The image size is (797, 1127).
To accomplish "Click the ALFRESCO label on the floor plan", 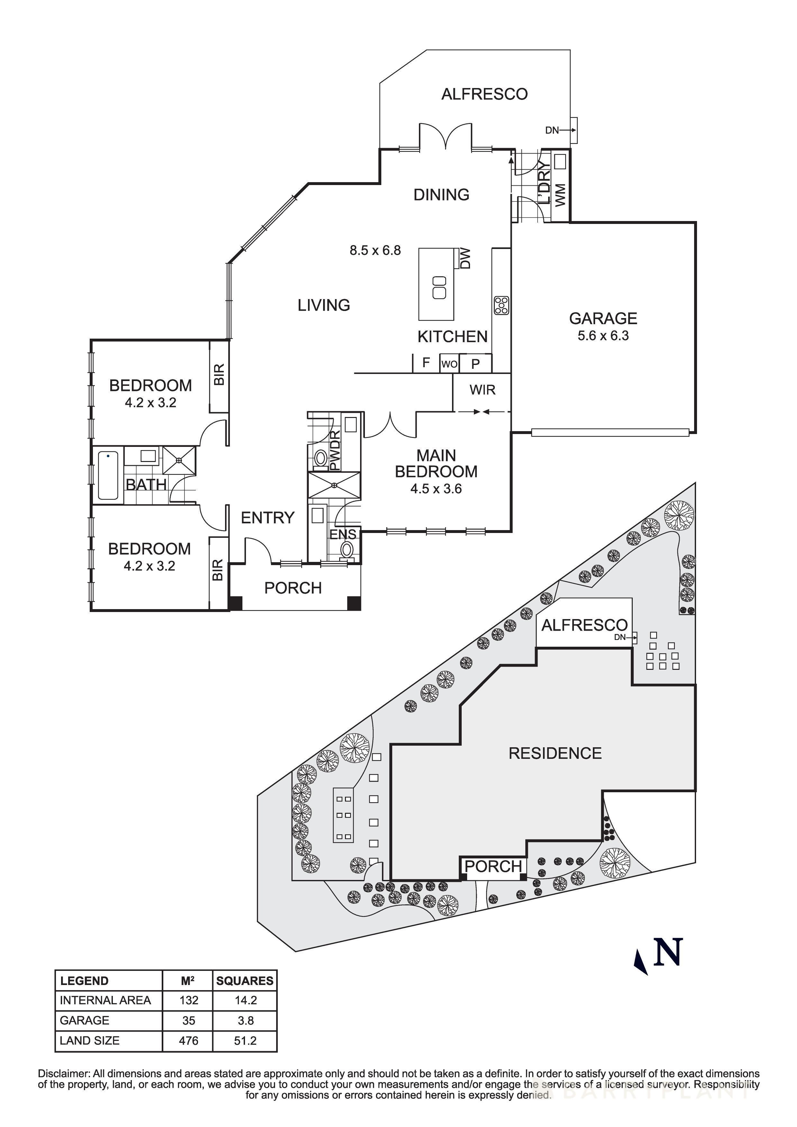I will [484, 94].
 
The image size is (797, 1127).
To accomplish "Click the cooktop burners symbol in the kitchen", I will [501, 305].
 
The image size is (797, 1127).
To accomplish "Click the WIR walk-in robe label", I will [482, 390].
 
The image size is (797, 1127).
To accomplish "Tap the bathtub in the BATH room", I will [108, 475].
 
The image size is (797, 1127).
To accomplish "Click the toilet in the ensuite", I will [348, 549].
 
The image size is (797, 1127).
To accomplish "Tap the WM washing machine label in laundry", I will [560, 195].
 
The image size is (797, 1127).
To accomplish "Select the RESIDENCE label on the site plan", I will [555, 753].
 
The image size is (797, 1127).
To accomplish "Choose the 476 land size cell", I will [189, 1041].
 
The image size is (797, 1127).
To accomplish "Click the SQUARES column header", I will [245, 981].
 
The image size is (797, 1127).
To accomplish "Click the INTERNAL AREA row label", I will [105, 1000].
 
